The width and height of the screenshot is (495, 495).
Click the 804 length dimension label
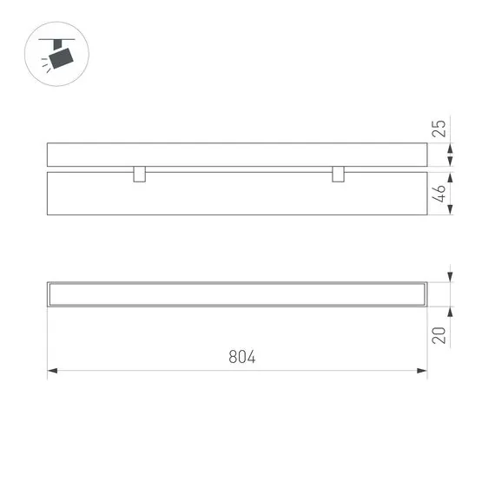coord(242,357)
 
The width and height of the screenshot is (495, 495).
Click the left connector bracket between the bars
coord(139,174)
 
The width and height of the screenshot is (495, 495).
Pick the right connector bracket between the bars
coord(338,174)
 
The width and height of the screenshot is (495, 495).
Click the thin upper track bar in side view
coord(236,155)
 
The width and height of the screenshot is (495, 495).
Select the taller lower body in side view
coord(236,194)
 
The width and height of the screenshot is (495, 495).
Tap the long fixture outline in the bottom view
coord(236,294)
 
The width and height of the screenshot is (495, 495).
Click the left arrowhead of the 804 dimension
coord(52,372)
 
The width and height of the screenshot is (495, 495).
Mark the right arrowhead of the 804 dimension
coord(422,372)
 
